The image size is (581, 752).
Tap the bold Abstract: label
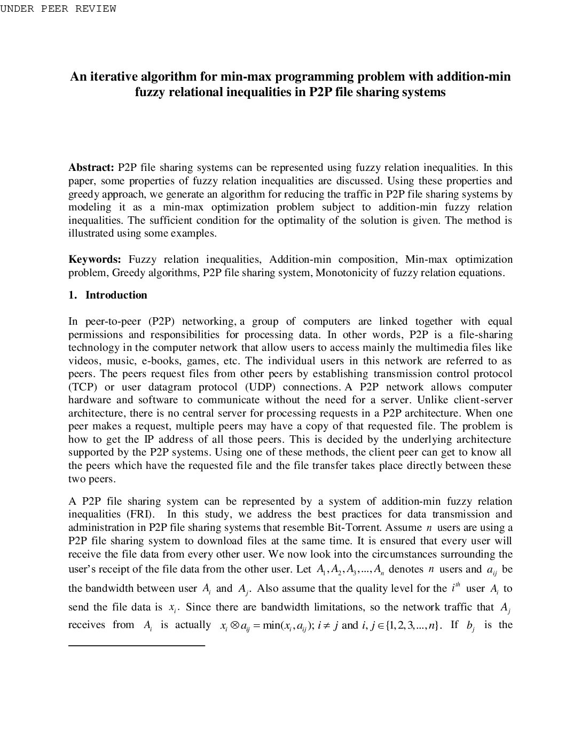pos(91,168)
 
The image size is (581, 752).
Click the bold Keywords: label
pos(95,260)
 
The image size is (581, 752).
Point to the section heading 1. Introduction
pos(108,295)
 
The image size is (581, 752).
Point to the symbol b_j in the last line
pos(470,626)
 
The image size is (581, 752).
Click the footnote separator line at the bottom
pos(137,646)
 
